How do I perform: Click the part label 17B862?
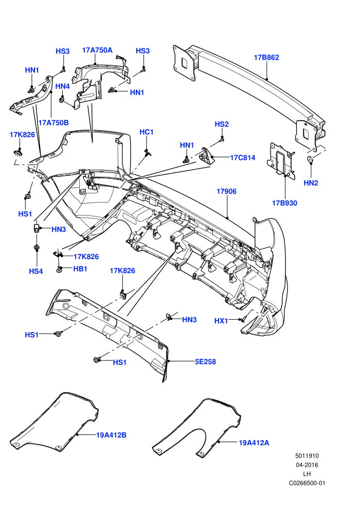click(x=266, y=58)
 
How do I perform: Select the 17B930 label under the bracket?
click(x=284, y=203)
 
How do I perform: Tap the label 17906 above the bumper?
click(x=227, y=192)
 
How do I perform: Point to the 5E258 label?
click(x=205, y=361)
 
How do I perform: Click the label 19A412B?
click(x=111, y=435)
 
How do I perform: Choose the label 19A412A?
click(x=254, y=443)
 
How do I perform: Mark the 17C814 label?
click(x=243, y=158)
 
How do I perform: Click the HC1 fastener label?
click(x=147, y=132)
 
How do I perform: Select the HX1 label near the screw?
click(x=221, y=321)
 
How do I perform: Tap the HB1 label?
click(x=80, y=269)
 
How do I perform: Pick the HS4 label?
click(x=35, y=271)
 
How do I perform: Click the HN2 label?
click(x=311, y=183)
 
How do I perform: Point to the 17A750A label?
click(x=97, y=50)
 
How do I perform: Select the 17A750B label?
click(x=53, y=123)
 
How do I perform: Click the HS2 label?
click(x=222, y=124)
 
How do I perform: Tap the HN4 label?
click(x=63, y=86)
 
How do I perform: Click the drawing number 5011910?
click(x=307, y=456)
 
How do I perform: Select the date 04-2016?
click(x=307, y=465)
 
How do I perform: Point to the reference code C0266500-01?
click(x=307, y=483)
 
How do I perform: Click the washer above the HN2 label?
click(x=310, y=159)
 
